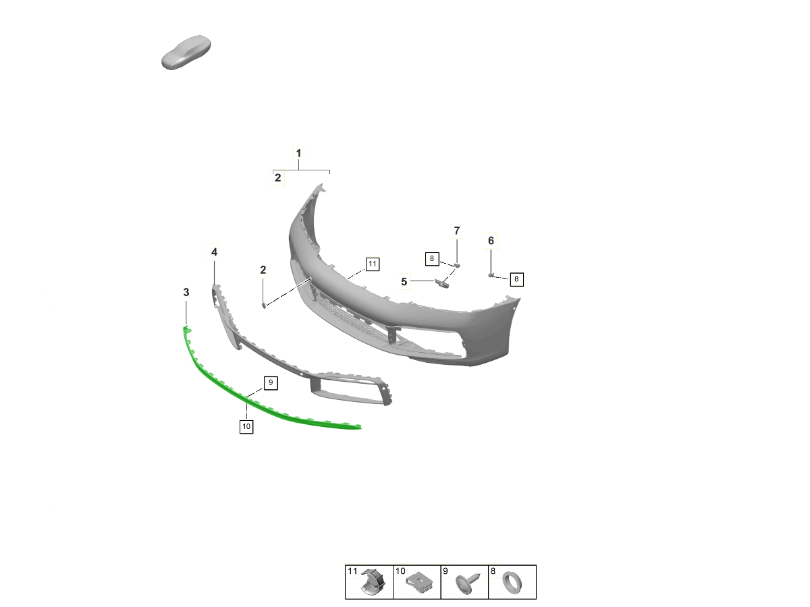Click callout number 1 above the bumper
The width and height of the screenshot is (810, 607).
298,153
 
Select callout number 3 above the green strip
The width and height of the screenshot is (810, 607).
186,292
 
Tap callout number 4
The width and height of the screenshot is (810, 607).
214,252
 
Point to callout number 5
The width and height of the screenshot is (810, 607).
404,282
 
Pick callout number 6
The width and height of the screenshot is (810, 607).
491,241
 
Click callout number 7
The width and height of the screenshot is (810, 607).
457,231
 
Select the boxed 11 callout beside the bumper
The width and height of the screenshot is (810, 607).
373,264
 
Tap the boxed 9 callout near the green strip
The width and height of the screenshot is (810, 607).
271,382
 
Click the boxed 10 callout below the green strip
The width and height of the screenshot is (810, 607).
246,426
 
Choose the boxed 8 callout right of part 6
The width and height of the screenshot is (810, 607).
516,279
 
